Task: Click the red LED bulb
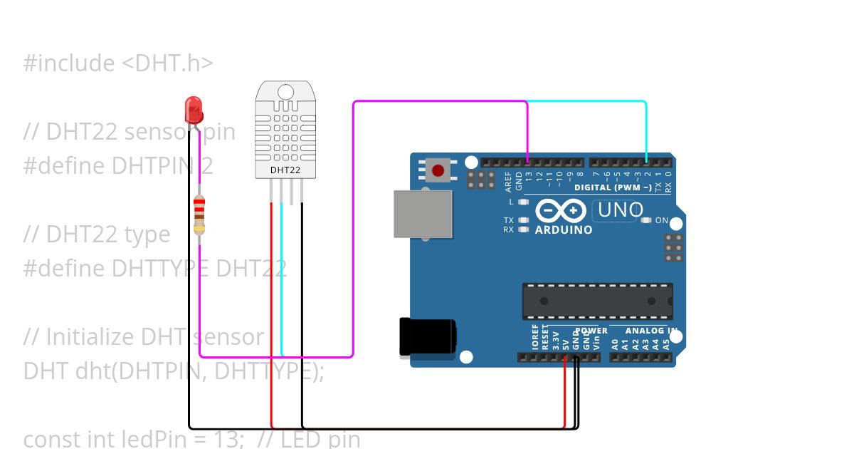pos(194,110)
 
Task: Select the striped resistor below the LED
pos(199,215)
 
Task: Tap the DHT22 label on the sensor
pos(285,170)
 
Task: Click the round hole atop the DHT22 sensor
pos(285,91)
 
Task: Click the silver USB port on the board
pos(423,214)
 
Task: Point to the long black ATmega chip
pos(597,301)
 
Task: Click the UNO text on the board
pos(620,210)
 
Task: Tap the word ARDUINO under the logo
pos(563,230)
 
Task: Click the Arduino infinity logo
pos(560,211)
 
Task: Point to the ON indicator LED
pos(646,220)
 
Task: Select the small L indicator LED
pos(524,202)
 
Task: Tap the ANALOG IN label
pos(649,331)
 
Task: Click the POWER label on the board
pos(591,331)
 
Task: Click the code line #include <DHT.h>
pos(118,63)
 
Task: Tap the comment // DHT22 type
pos(97,234)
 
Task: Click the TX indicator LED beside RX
pos(524,220)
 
